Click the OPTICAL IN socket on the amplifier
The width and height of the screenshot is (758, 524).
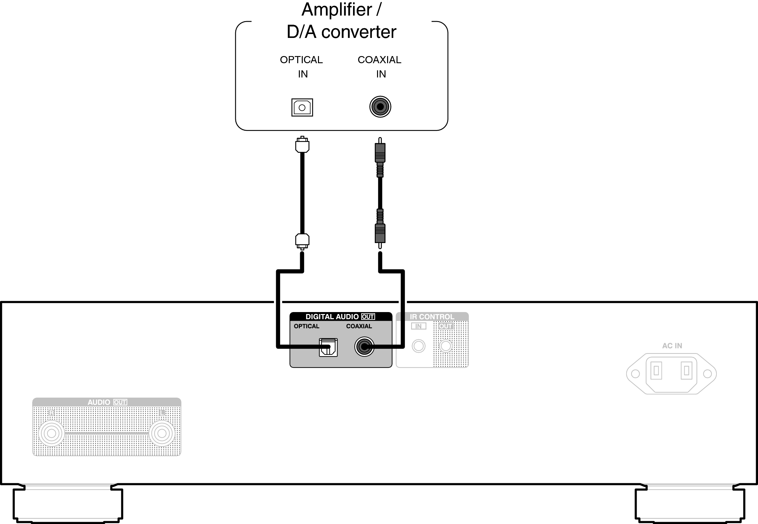(x=302, y=107)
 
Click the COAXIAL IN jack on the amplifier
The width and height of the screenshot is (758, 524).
(x=380, y=107)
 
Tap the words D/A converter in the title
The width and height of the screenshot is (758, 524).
(x=341, y=32)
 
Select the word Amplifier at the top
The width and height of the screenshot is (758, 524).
(x=336, y=9)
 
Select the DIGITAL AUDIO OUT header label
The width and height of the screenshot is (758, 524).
(x=340, y=317)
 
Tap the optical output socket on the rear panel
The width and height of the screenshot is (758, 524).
(x=328, y=347)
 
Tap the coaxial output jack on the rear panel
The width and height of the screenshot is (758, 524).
(x=364, y=346)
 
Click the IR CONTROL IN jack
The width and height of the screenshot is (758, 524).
(x=419, y=346)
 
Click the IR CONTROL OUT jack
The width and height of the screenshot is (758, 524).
(x=446, y=346)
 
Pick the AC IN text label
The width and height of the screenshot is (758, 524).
(x=672, y=346)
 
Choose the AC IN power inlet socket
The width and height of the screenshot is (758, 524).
(x=671, y=373)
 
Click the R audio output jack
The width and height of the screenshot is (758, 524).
(x=51, y=433)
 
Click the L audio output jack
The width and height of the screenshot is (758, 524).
(x=162, y=433)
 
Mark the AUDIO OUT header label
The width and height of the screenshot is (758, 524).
(x=107, y=402)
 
